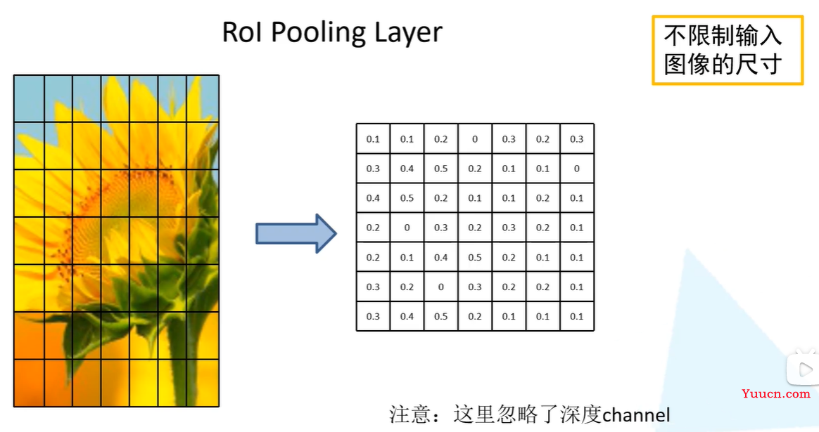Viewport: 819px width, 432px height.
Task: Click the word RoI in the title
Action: (242, 32)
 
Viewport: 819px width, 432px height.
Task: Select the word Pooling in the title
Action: (318, 34)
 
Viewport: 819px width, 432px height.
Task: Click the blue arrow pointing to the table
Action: (296, 233)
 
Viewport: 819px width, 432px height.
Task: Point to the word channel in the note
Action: (635, 414)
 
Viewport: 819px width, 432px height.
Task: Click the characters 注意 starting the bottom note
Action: (410, 414)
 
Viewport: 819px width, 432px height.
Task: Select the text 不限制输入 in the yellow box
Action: (723, 36)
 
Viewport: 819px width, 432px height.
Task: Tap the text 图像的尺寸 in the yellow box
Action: (723, 64)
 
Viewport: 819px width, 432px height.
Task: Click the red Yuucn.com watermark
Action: (775, 394)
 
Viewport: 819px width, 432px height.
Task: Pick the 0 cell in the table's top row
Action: (475, 139)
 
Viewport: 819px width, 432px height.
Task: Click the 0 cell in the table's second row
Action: (577, 169)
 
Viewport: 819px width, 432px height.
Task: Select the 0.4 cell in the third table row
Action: (373, 198)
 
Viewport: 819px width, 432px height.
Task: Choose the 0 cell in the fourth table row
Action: (407, 228)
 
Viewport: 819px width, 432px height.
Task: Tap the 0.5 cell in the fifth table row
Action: (475, 257)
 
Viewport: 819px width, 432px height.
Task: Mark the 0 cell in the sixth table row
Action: (441, 287)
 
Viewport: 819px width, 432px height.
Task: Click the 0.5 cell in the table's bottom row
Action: (441, 316)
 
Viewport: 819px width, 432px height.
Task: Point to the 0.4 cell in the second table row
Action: (407, 169)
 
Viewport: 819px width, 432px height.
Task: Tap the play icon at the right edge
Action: (804, 369)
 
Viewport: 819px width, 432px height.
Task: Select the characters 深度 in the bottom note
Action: (580, 414)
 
